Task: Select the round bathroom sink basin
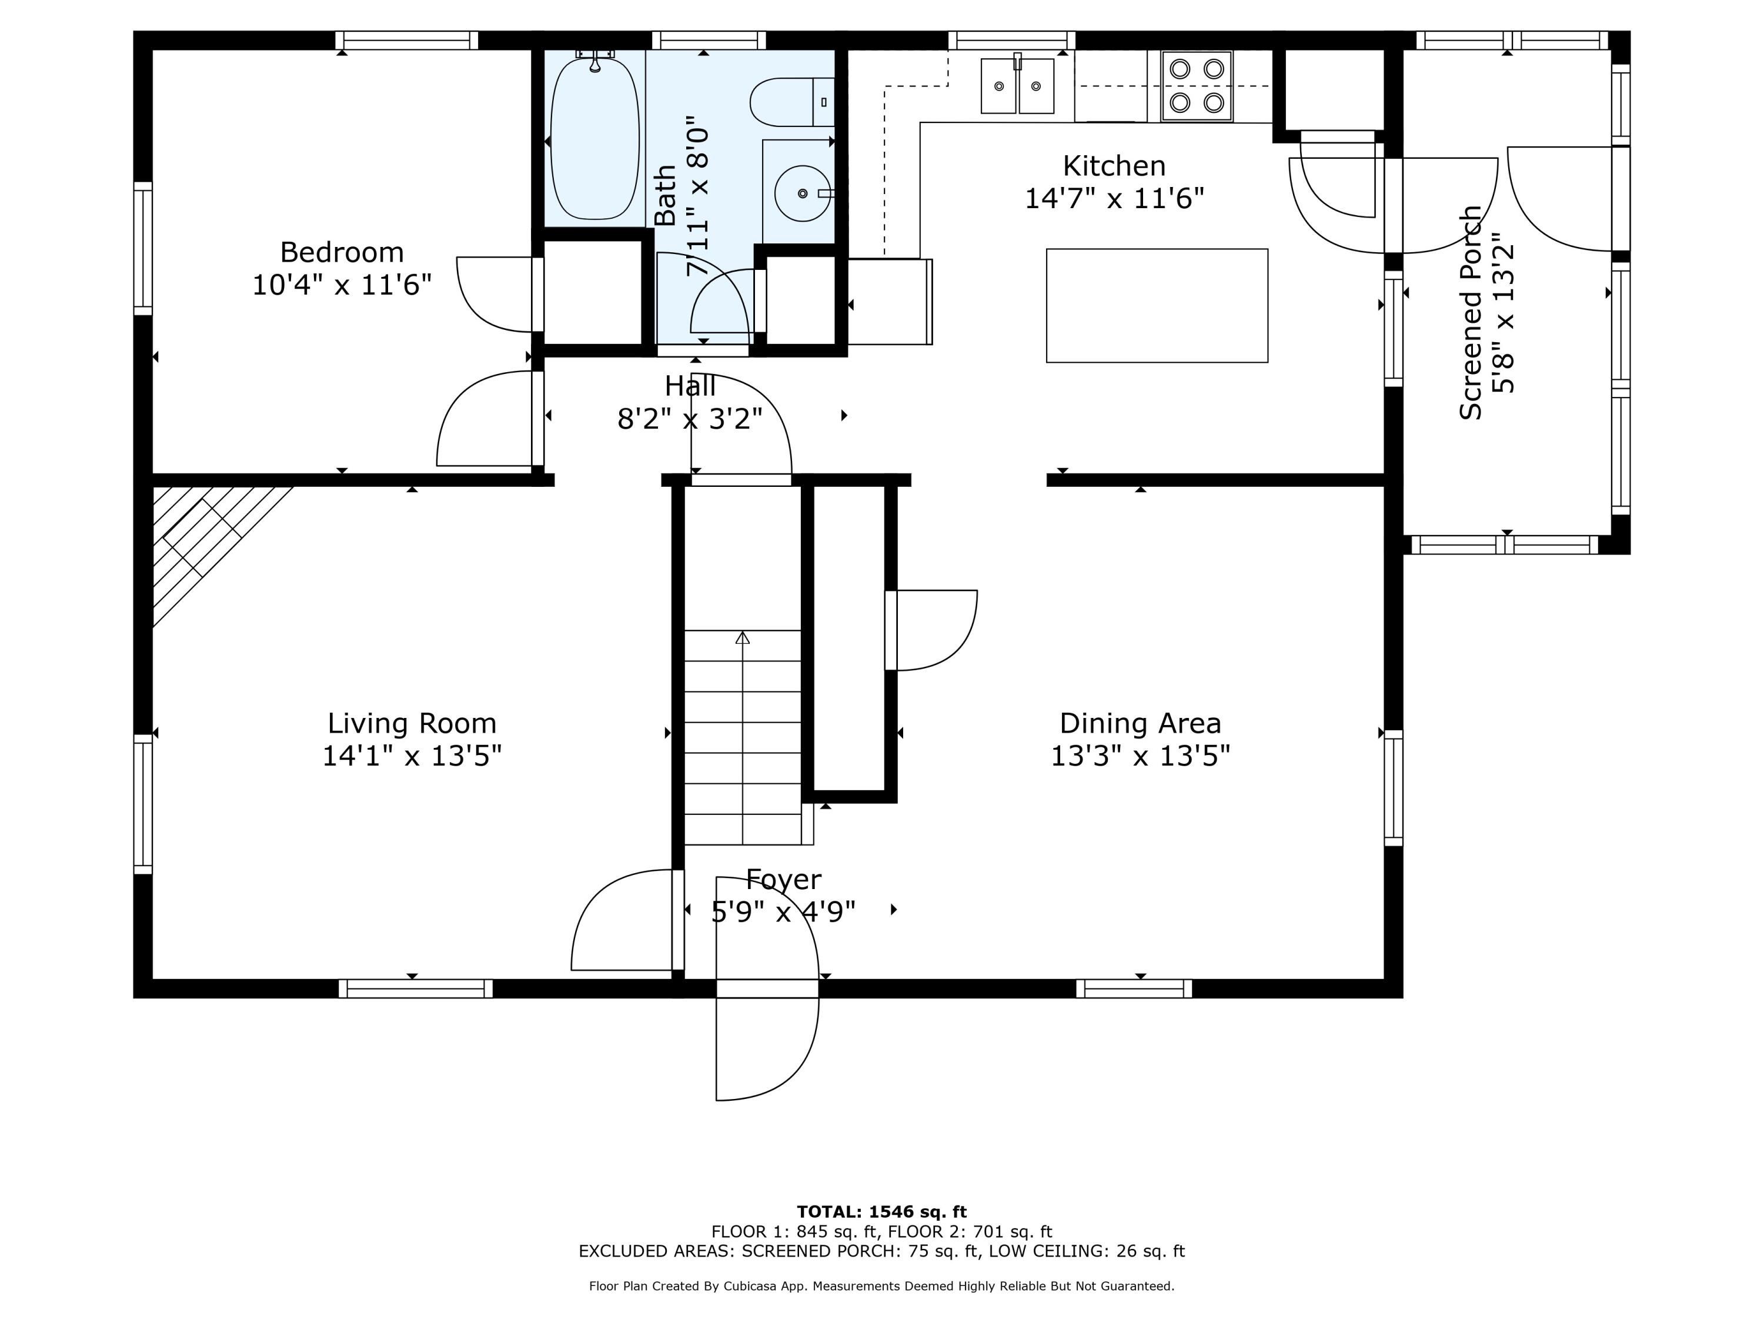802,193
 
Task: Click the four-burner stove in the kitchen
1196,86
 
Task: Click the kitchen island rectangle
1157,305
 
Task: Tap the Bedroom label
342,252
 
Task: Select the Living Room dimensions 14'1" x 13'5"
412,755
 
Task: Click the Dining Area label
1140,723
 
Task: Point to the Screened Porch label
1471,313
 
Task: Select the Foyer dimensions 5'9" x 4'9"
783,911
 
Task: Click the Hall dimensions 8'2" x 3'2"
690,419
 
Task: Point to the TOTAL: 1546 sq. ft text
882,1212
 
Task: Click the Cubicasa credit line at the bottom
882,1285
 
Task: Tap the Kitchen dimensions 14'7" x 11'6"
1114,198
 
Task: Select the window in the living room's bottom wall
416,989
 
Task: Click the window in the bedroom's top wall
407,40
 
